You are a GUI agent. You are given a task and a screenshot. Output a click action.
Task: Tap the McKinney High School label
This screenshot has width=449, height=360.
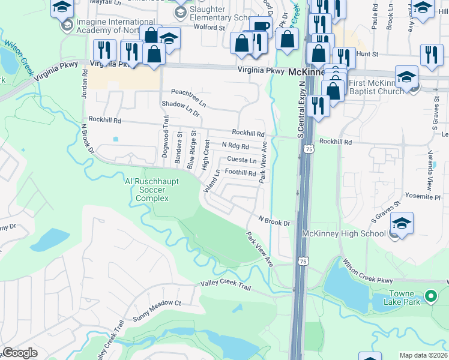344,233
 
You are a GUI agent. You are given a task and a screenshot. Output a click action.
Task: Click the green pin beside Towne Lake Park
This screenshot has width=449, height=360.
430,296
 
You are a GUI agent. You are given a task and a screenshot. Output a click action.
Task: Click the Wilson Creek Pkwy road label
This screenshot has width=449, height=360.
368,272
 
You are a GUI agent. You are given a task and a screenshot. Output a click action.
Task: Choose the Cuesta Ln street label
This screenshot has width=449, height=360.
242,160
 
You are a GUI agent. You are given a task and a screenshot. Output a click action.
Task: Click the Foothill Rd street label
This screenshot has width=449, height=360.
240,173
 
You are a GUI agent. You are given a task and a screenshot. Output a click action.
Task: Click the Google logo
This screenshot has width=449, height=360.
20,353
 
